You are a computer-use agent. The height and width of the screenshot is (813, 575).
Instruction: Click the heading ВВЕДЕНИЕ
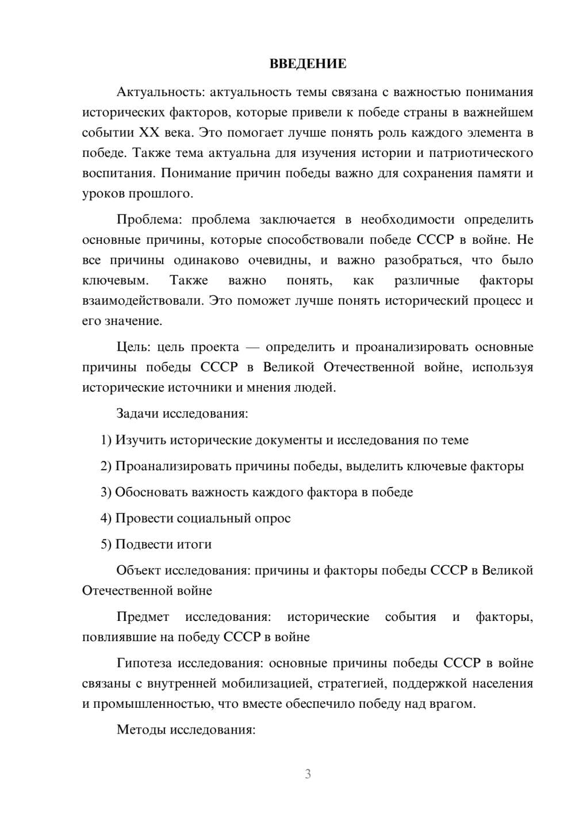pyautogui.click(x=308, y=64)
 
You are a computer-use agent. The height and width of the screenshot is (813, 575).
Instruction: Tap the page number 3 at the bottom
pyautogui.click(x=308, y=774)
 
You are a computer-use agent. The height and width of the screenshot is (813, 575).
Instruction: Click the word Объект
pyautogui.click(x=139, y=570)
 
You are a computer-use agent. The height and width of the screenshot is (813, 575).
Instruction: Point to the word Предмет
pyautogui.click(x=143, y=617)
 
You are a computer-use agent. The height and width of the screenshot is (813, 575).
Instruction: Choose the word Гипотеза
pyautogui.click(x=144, y=664)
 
